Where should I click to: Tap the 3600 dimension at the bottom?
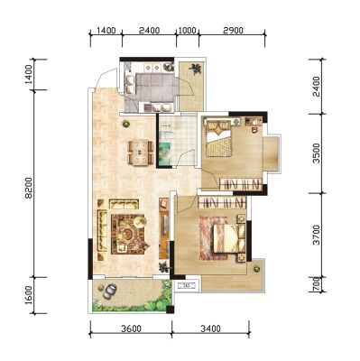point(131,329)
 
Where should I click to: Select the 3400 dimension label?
point(210,329)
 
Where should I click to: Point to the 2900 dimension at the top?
point(233,31)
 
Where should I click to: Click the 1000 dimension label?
point(188,31)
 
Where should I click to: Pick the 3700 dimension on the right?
point(316,235)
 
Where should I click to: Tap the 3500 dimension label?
point(316,153)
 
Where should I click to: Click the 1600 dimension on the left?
point(29,295)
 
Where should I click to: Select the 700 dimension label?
point(316,284)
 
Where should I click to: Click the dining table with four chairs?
point(141,152)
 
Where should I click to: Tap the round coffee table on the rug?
point(128,233)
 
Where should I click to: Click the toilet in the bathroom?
point(166,134)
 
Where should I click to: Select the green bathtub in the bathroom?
point(164,153)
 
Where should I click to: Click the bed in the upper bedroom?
point(218,138)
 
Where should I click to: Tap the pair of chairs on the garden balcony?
point(109,291)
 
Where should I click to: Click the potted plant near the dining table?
point(126,123)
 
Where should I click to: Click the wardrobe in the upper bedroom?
point(240,184)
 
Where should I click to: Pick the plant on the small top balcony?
point(196,69)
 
